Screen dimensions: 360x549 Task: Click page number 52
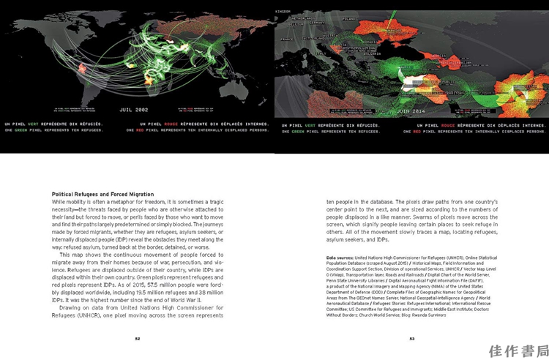click(x=137, y=338)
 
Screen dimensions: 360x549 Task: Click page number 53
click(x=412, y=338)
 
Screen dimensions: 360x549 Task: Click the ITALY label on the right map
click(x=321, y=53)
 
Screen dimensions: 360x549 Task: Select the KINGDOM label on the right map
click(x=283, y=12)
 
